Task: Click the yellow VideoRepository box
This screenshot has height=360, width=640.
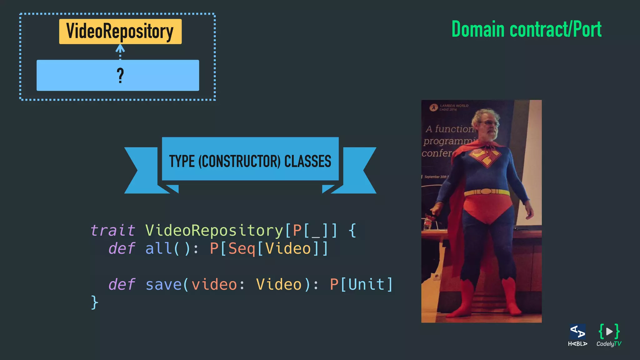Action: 120,32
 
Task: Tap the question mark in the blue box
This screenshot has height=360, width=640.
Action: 120,76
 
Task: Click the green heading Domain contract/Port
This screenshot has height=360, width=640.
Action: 526,30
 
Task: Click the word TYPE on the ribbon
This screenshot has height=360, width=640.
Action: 182,161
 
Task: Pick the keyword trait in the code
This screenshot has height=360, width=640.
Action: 112,231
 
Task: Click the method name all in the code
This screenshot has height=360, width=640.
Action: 158,249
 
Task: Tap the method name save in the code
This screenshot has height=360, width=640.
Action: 163,285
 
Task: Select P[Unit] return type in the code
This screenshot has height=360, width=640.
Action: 361,285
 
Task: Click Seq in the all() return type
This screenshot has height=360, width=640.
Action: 242,249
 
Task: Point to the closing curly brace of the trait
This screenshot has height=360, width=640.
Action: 94,302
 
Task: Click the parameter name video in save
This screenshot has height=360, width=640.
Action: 214,285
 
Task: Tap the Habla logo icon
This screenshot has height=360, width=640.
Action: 577,332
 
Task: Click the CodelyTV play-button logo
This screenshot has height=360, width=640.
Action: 609,331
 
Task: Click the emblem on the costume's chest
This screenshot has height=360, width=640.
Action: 484,157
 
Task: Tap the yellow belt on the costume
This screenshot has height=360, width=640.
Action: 486,192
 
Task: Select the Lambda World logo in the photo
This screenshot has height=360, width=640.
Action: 433,108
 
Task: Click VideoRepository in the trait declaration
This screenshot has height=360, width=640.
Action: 214,231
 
